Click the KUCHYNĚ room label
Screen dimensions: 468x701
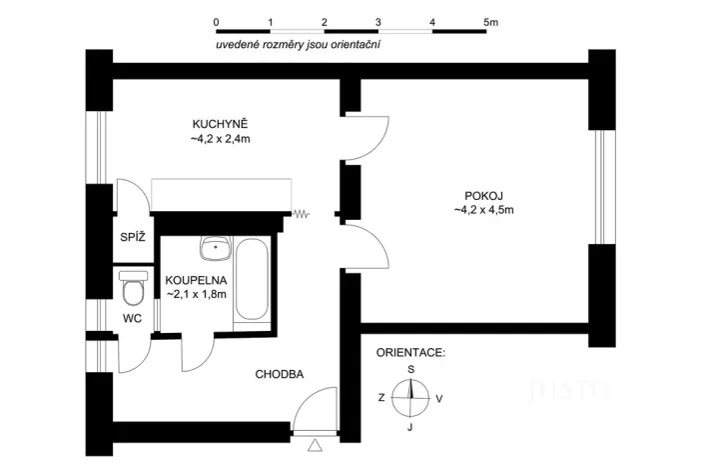(220, 124)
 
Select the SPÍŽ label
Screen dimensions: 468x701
(133, 237)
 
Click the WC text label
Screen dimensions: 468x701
(133, 318)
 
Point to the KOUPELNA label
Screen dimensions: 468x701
(196, 280)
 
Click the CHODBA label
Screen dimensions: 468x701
(280, 374)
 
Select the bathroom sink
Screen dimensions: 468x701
(215, 246)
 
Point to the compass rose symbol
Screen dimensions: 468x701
(410, 397)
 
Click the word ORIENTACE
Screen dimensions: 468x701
(410, 353)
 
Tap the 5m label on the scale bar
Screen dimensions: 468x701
(490, 21)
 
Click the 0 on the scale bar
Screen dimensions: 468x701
(217, 21)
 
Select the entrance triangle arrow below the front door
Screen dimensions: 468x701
(317, 445)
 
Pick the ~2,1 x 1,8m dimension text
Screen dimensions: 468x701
(196, 294)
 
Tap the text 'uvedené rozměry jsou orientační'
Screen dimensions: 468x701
(299, 45)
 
